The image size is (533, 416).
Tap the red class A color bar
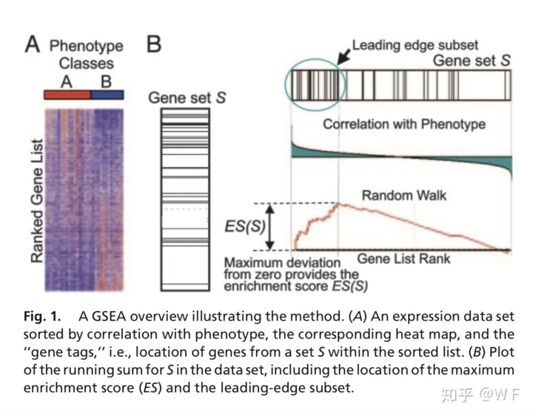coord(67,95)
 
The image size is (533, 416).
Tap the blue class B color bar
coord(107,95)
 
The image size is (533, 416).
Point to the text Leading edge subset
coord(415,44)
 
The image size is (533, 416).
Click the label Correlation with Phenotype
coord(403,124)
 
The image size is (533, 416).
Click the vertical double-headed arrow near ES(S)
coord(270,227)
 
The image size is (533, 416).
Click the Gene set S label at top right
coord(471,60)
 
